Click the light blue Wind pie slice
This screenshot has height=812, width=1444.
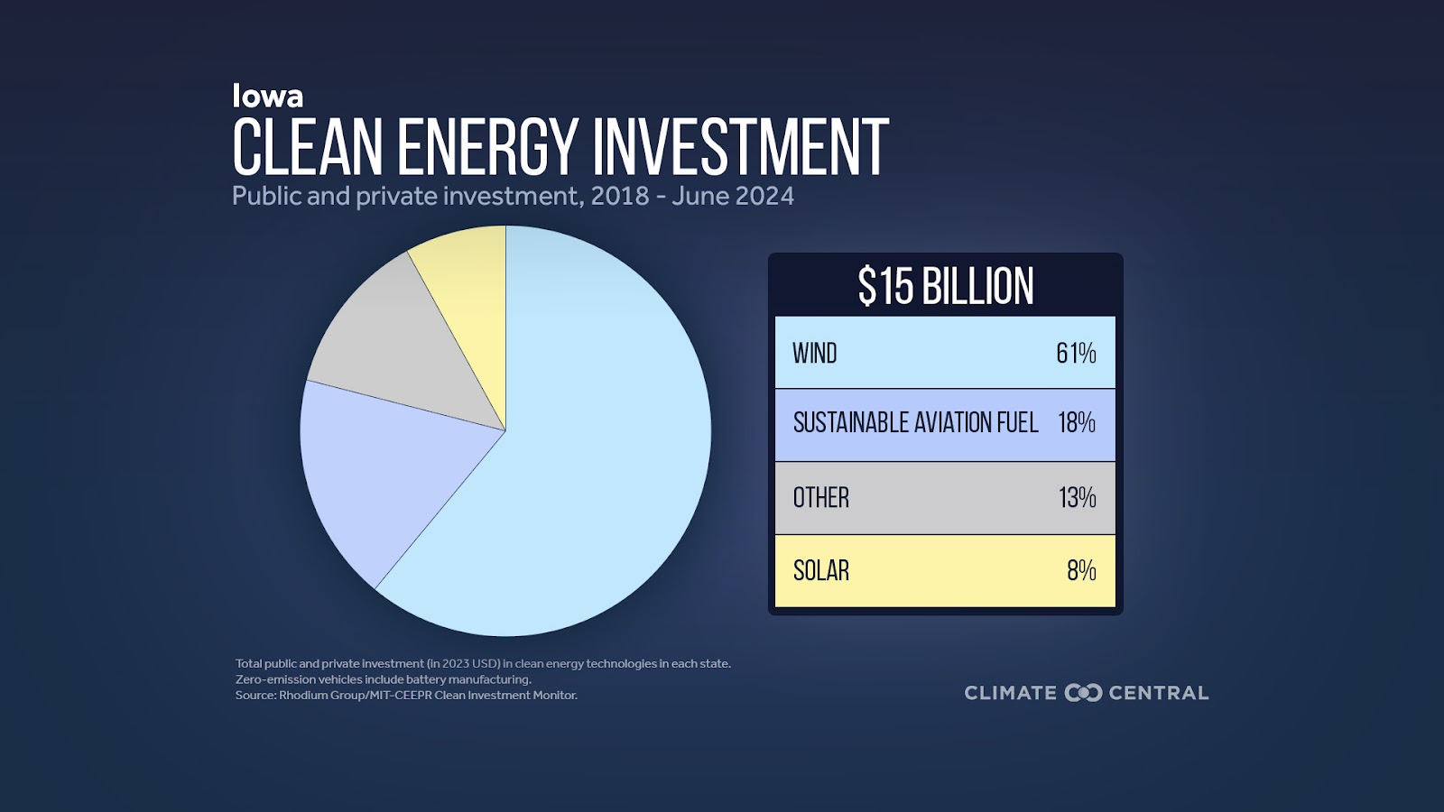(580, 451)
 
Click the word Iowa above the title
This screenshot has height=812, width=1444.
(267, 96)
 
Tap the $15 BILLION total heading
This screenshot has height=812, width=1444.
(945, 286)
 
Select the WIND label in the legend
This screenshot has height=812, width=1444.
(815, 353)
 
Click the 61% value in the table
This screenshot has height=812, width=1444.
(1076, 353)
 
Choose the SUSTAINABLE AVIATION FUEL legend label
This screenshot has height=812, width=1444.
(915, 423)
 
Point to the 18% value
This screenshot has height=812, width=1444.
(1077, 423)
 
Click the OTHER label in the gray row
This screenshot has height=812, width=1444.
(820, 497)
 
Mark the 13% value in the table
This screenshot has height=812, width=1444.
(1078, 497)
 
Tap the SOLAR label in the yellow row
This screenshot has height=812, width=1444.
(820, 570)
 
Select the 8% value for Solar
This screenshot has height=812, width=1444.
(1082, 570)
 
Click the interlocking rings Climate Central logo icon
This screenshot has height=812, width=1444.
(1083, 693)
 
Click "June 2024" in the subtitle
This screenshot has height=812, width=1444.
(732, 196)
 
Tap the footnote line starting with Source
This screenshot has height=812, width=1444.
(406, 696)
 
